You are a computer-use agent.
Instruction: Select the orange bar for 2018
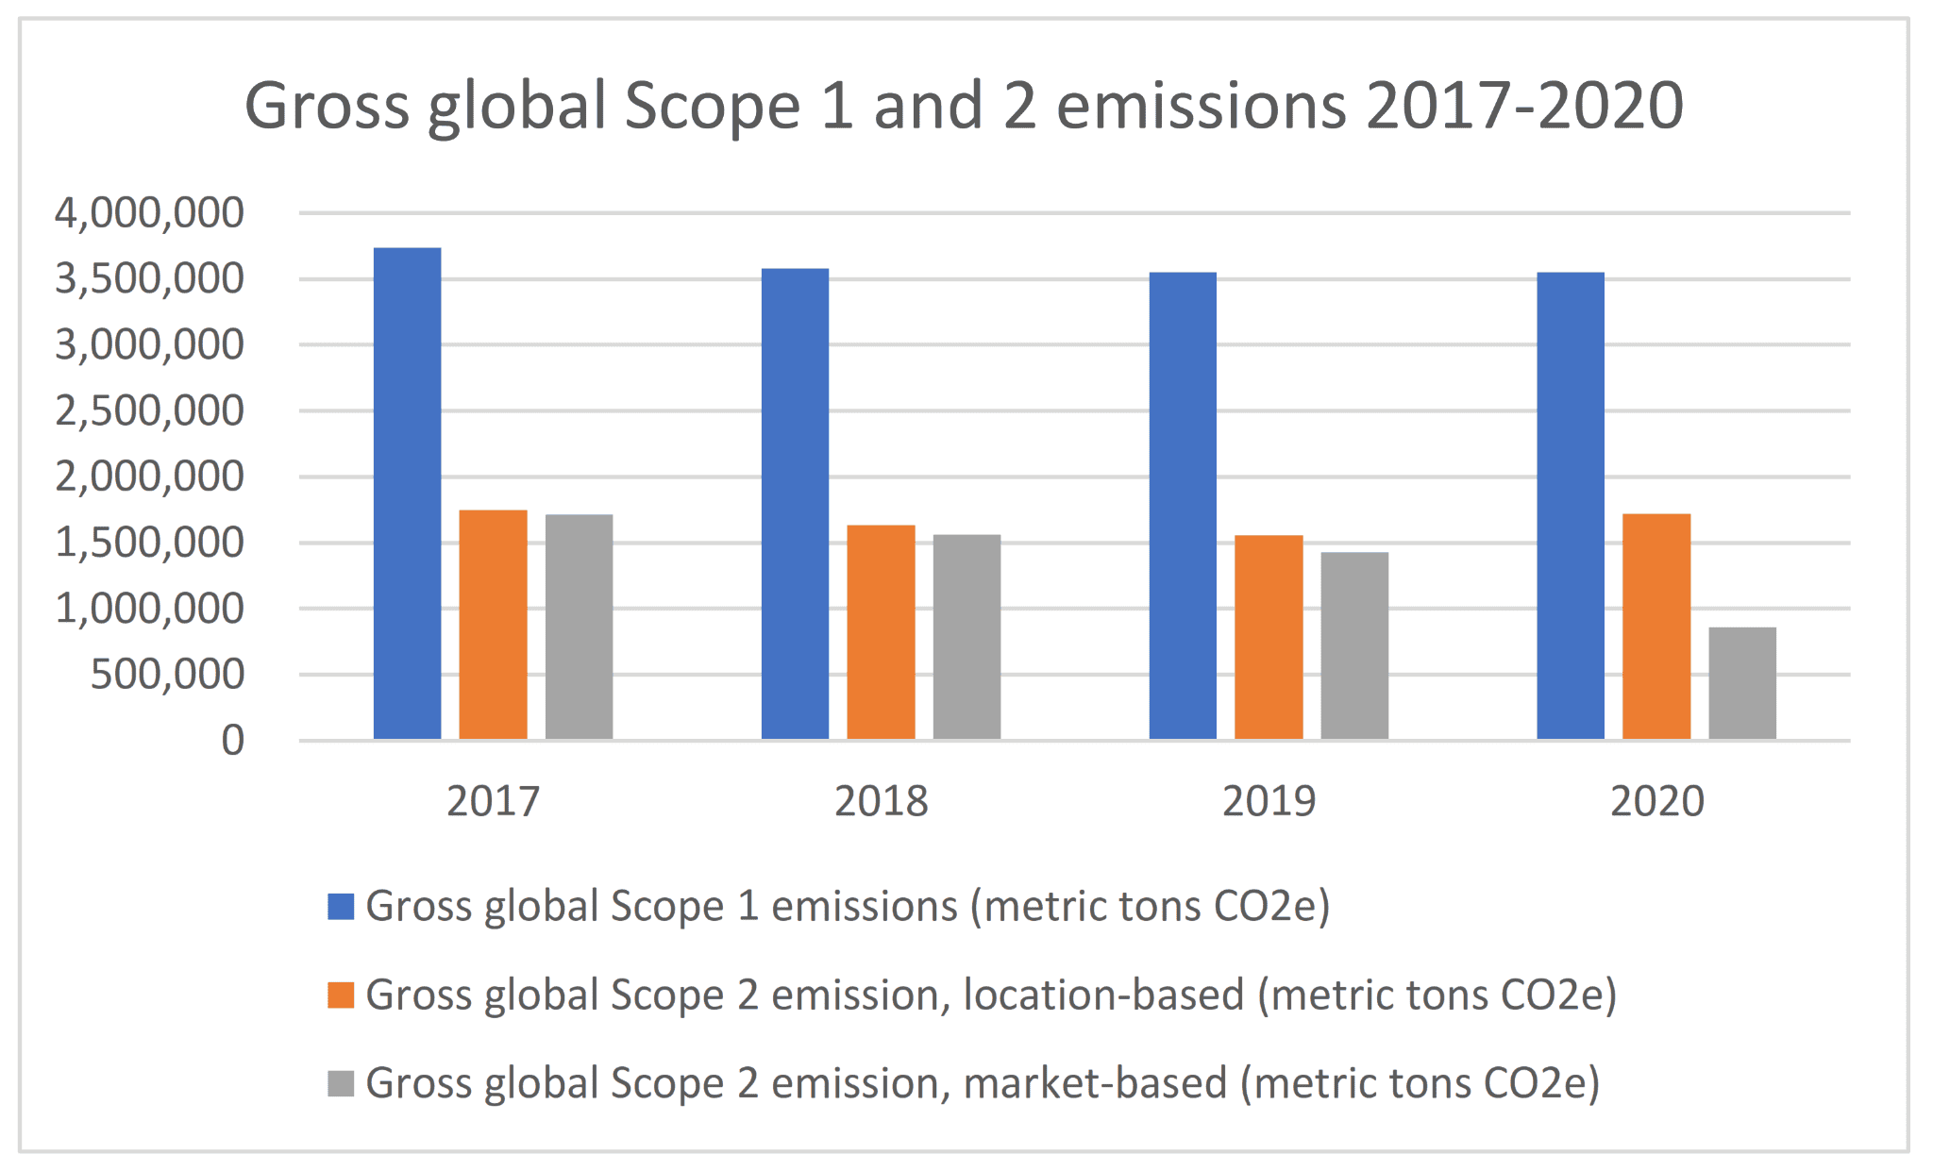pyautogui.click(x=881, y=631)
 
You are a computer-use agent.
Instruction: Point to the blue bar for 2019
pyautogui.click(x=1183, y=505)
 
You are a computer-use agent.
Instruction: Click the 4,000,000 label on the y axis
pyautogui.click(x=149, y=213)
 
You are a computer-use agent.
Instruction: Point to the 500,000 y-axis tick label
pyautogui.click(x=167, y=675)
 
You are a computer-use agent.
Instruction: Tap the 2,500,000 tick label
pyautogui.click(x=149, y=411)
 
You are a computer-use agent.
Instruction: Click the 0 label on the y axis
pyautogui.click(x=232, y=741)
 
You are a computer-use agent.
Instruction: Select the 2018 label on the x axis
pyautogui.click(x=881, y=802)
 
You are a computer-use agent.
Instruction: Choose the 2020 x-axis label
pyautogui.click(x=1656, y=802)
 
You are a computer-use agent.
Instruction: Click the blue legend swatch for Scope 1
pyautogui.click(x=341, y=907)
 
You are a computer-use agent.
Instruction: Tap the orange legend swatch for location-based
pyautogui.click(x=341, y=995)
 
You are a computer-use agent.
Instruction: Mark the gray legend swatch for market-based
pyautogui.click(x=341, y=1083)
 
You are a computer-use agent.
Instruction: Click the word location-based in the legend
pyautogui.click(x=1102, y=995)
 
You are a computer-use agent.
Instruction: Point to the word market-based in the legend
pyautogui.click(x=1095, y=1083)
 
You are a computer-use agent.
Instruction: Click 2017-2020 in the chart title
pyautogui.click(x=1523, y=105)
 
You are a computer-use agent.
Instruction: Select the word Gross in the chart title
pyautogui.click(x=327, y=105)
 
